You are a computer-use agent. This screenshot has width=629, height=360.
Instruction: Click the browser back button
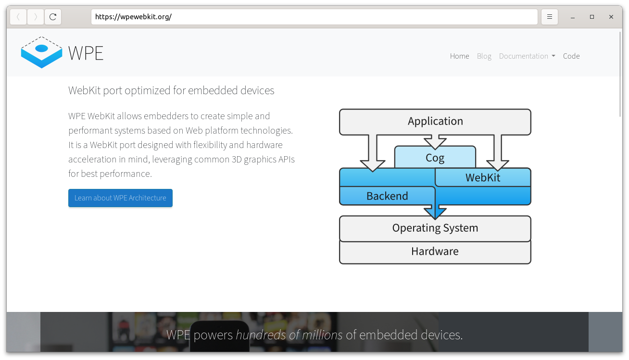click(x=18, y=17)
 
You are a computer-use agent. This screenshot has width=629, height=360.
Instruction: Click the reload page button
click(x=53, y=17)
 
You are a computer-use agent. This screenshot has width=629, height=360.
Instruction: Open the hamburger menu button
click(x=550, y=17)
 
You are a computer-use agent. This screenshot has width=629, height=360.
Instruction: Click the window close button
click(x=611, y=17)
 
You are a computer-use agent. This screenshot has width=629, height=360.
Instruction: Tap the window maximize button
click(x=592, y=17)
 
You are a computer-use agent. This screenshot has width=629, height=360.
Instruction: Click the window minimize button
click(x=573, y=17)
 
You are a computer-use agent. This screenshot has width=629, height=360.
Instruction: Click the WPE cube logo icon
click(x=41, y=52)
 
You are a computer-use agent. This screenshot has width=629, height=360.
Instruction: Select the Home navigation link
click(x=459, y=56)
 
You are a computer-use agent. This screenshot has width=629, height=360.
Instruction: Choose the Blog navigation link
click(x=484, y=56)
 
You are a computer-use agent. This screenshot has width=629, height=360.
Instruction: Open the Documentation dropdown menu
click(x=527, y=56)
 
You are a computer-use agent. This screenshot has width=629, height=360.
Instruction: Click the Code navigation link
click(x=571, y=56)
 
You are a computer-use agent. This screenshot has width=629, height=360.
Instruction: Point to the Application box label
click(x=435, y=121)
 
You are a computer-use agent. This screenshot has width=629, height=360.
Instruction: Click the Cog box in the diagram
click(x=435, y=158)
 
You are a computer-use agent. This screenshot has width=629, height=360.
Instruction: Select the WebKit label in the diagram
click(x=483, y=177)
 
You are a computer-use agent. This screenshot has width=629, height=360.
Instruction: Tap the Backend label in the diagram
click(x=387, y=196)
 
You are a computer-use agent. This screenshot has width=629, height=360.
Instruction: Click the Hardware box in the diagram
click(x=435, y=251)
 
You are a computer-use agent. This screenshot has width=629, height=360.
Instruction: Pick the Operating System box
click(x=435, y=228)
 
